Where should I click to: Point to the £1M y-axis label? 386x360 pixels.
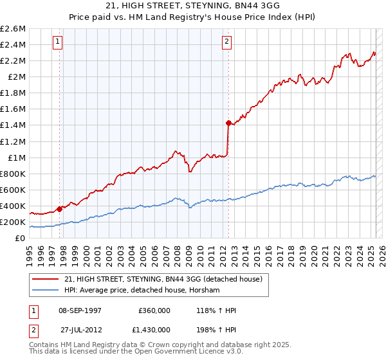coord(15,157)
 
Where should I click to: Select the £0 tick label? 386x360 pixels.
coord(20,238)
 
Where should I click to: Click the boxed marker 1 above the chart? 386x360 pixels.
coord(58,42)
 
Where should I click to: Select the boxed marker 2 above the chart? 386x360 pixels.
coord(227,42)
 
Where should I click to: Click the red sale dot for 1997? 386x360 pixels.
coord(59,208)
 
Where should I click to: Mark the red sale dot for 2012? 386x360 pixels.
coord(228,122)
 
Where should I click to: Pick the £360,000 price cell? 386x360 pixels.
coord(154,310)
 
